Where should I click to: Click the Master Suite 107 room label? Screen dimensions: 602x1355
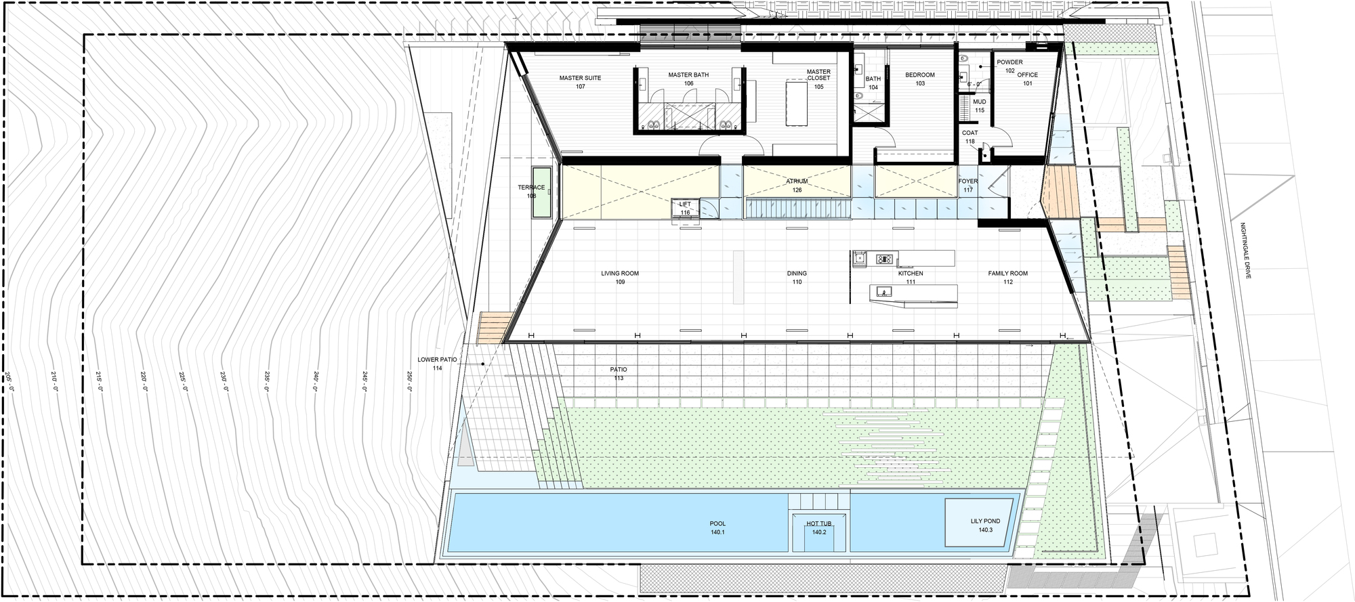tap(580, 83)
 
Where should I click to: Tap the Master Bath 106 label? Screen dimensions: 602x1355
tap(688, 79)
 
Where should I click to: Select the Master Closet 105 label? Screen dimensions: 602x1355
tap(818, 79)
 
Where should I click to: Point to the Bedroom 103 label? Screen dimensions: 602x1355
tap(919, 79)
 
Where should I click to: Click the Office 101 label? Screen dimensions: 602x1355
tap(1027, 79)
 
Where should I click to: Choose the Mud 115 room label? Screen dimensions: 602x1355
tap(979, 106)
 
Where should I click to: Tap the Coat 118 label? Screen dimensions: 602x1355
tap(970, 137)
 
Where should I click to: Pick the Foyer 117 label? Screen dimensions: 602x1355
tap(968, 186)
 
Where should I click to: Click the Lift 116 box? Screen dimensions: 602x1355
tap(685, 209)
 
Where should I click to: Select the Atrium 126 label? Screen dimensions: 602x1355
tap(797, 186)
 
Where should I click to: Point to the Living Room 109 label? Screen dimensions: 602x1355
tap(619, 278)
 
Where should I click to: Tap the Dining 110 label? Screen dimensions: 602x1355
tap(797, 278)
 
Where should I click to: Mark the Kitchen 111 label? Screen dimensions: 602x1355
tap(911, 278)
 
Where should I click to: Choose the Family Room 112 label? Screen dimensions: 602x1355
tap(1007, 278)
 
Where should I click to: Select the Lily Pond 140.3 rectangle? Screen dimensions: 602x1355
tap(984, 525)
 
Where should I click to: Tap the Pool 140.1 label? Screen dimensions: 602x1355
tap(717, 528)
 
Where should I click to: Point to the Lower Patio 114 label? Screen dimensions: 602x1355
tap(438, 364)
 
